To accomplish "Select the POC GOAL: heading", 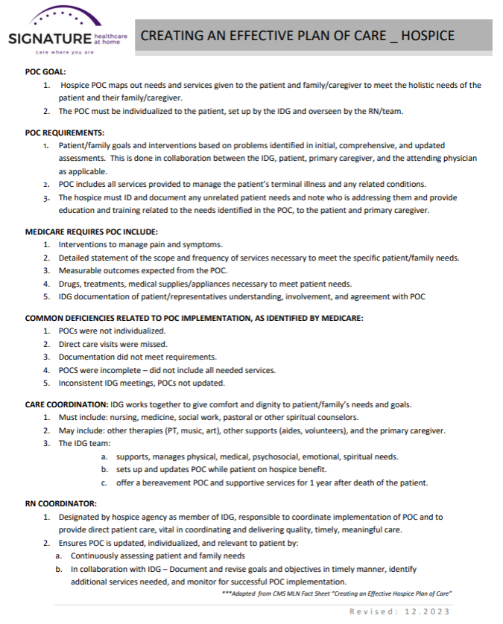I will (46, 71).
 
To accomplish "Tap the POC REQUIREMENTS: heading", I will (64, 133).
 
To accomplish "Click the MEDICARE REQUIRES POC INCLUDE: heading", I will (91, 232).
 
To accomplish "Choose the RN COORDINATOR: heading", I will (60, 503).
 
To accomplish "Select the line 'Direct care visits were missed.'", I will (113, 344).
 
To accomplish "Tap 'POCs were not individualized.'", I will (112, 331).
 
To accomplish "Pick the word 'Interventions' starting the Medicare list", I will (83, 244).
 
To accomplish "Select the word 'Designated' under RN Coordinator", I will (81, 517).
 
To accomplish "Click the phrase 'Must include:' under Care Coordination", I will (84, 418).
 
